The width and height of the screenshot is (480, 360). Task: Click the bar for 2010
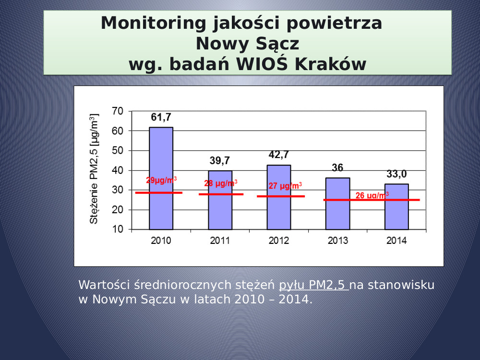click(x=161, y=178)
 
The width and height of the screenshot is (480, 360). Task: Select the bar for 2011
click(x=220, y=200)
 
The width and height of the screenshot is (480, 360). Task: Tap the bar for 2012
click(x=279, y=197)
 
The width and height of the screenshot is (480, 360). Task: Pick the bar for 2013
click(x=337, y=204)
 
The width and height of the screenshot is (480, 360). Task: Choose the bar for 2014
click(x=396, y=206)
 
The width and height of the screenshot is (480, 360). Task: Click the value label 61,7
click(x=161, y=117)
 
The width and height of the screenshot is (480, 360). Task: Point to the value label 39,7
click(x=220, y=160)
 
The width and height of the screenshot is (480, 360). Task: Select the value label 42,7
click(x=279, y=155)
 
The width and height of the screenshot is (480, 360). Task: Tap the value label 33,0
click(x=396, y=174)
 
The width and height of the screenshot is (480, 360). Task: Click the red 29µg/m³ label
click(x=161, y=180)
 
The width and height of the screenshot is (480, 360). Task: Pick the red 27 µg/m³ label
click(x=285, y=186)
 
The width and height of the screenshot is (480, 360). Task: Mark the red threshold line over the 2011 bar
click(x=221, y=194)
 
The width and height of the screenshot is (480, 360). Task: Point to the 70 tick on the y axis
click(x=118, y=111)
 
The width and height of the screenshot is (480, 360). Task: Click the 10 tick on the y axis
click(x=118, y=229)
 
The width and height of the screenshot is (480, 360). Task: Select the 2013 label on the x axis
click(x=337, y=241)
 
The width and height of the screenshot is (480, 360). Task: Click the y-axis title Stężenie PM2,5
click(x=94, y=169)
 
